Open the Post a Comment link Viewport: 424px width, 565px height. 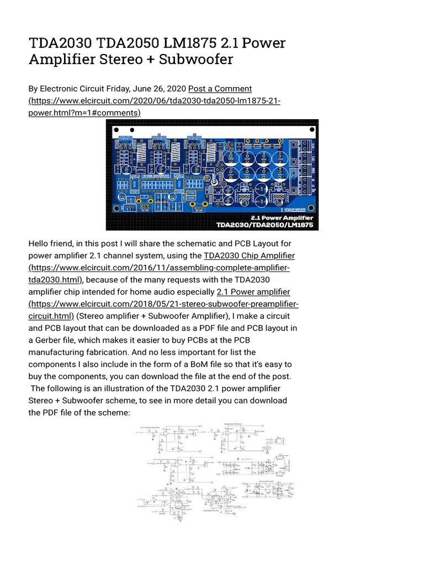[x=220, y=89]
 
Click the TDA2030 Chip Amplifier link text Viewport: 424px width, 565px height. [x=249, y=255]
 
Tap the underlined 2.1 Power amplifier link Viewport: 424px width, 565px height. [x=253, y=292]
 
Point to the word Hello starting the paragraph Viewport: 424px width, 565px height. [x=40, y=243]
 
